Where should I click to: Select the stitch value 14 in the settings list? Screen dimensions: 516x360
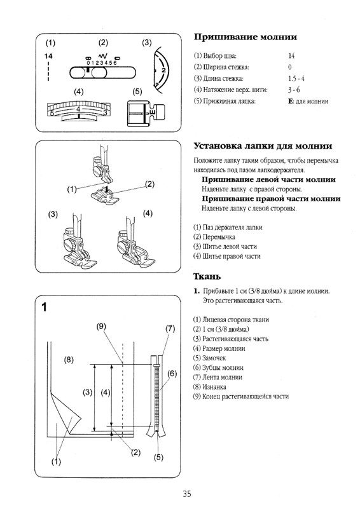click(x=291, y=56)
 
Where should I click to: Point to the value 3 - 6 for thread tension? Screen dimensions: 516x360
click(x=293, y=90)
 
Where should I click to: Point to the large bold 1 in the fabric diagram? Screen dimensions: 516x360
click(x=45, y=308)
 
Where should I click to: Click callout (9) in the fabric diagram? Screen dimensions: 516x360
click(x=101, y=327)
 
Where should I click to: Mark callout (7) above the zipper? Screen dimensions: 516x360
click(x=170, y=329)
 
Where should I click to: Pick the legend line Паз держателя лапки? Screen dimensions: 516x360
click(x=227, y=227)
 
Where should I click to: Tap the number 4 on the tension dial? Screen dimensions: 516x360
click(x=78, y=109)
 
